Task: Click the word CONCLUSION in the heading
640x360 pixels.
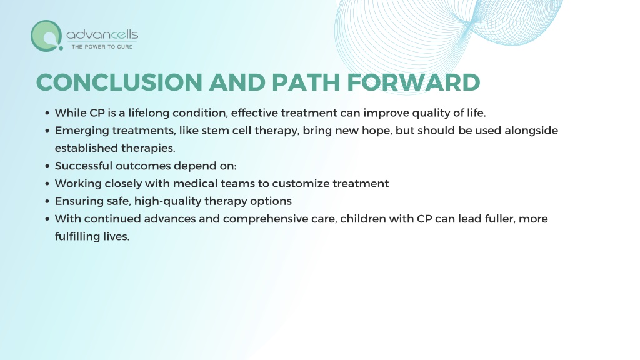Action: coord(119,82)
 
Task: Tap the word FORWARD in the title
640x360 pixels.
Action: coord(414,82)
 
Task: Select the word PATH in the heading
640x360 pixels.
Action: coord(306,82)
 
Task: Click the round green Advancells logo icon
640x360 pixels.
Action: coord(46,36)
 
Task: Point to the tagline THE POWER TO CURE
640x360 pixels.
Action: coord(102,47)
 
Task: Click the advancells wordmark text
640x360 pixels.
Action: coord(102,35)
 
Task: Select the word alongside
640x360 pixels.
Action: coord(531,131)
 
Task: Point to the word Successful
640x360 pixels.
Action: coord(84,166)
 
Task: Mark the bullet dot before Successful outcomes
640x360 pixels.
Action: coord(47,166)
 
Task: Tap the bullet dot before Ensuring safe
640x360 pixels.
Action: coord(47,202)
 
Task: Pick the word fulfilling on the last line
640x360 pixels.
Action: coord(77,237)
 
